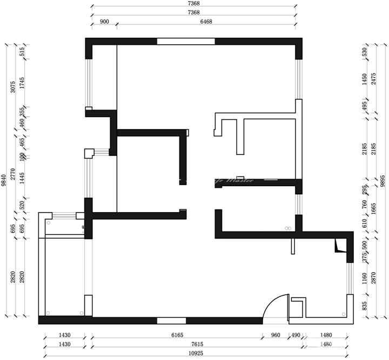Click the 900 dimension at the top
click(x=105, y=22)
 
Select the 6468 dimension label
click(x=206, y=22)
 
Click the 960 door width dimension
click(x=275, y=335)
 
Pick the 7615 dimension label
click(x=196, y=344)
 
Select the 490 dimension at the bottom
click(x=296, y=335)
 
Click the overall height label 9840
click(x=4, y=180)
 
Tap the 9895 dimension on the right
click(x=383, y=180)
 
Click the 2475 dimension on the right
click(x=373, y=79)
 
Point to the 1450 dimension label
click(x=365, y=79)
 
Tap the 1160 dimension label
click(x=365, y=279)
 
